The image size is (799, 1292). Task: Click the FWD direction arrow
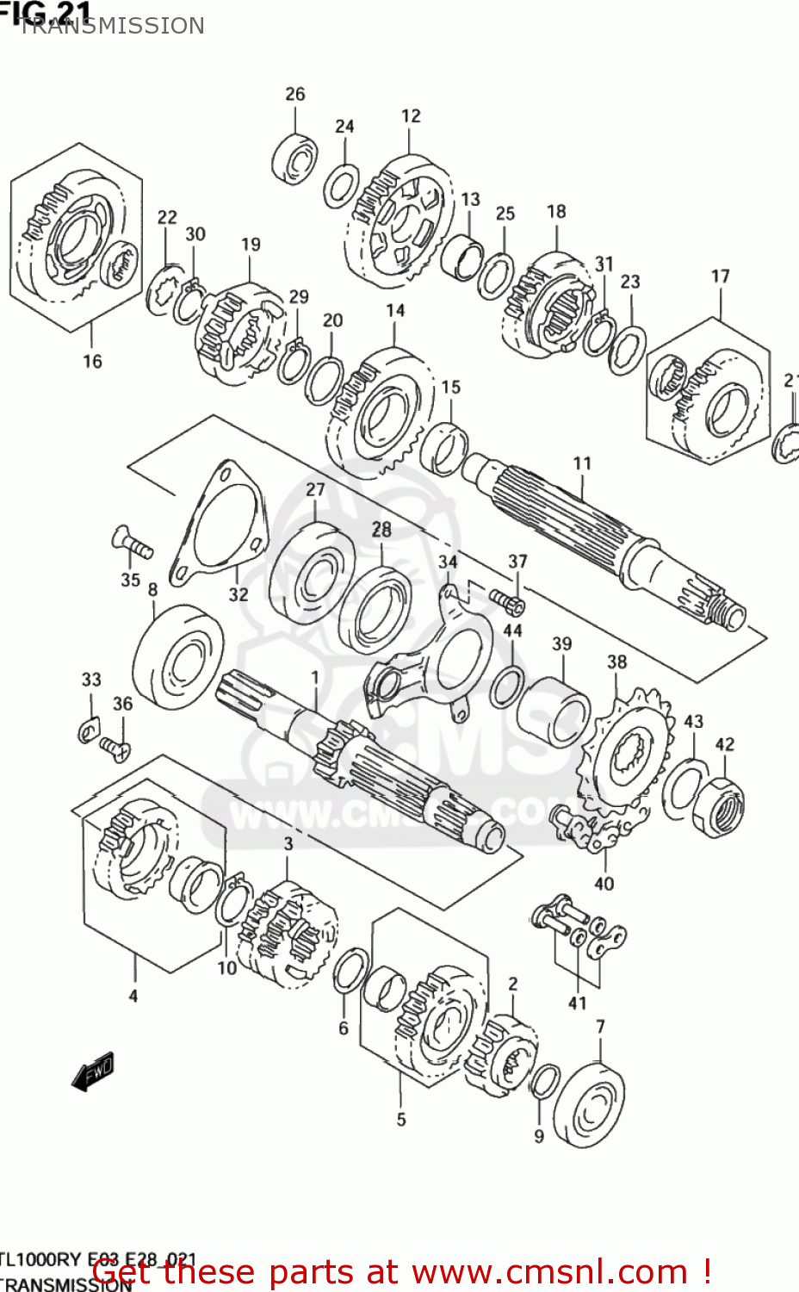[x=93, y=1071]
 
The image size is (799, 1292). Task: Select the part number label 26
[x=294, y=94]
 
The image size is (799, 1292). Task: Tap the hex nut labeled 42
[x=718, y=806]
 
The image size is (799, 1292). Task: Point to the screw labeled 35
[x=132, y=543]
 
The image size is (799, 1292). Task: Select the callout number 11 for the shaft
[x=582, y=463]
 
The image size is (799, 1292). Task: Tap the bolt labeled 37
[x=507, y=598]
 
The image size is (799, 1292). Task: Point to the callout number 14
[x=395, y=310]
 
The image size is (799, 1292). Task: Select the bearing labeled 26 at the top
[x=294, y=158]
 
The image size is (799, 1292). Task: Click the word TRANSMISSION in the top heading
[x=112, y=26]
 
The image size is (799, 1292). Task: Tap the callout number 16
[x=92, y=362]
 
